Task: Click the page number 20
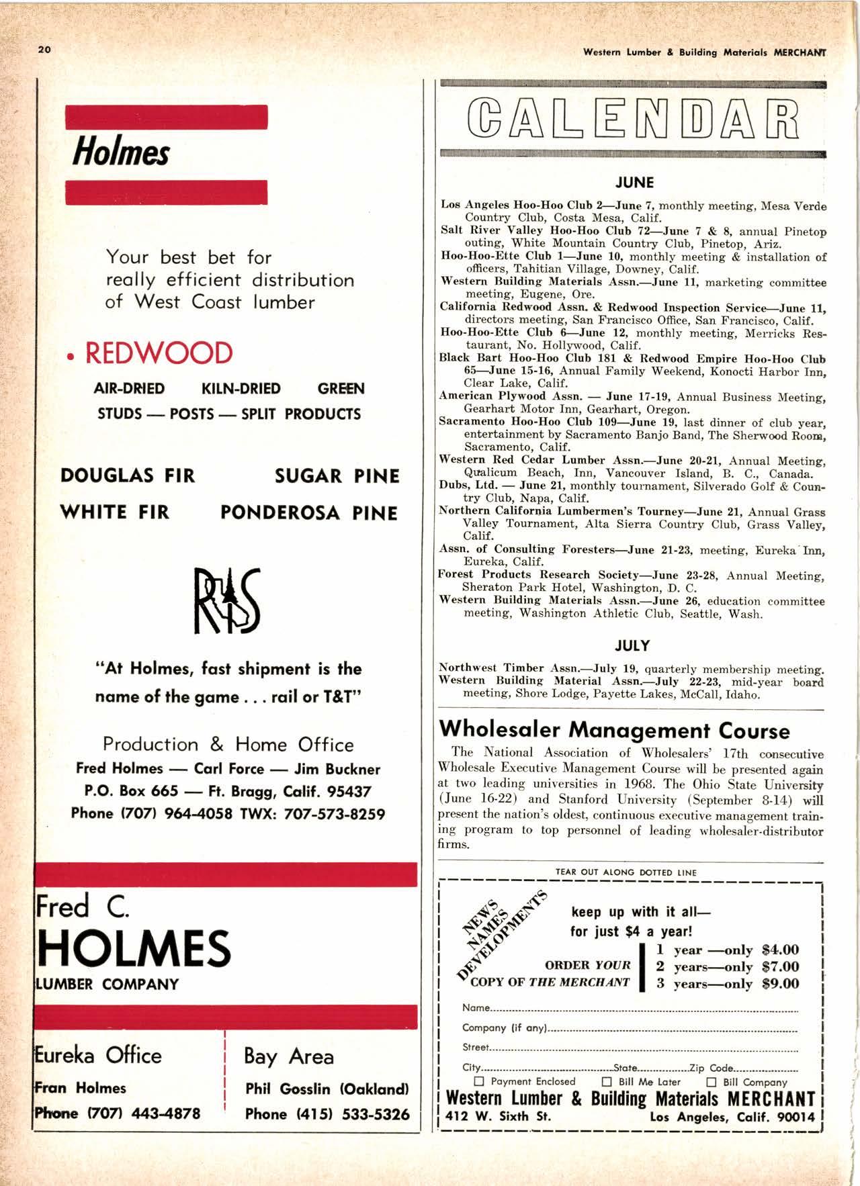click(x=45, y=50)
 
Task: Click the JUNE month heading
click(x=634, y=183)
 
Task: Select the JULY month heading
click(x=633, y=646)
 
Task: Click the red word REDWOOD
click(x=159, y=353)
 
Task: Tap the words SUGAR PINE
click(x=337, y=476)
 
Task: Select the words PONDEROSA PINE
click(x=308, y=513)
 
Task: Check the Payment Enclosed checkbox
click(x=480, y=1082)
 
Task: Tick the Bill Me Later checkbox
click(x=607, y=1082)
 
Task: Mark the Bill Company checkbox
click(x=711, y=1082)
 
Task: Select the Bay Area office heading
click(x=289, y=1056)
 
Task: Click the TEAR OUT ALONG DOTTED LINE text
click(x=626, y=872)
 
